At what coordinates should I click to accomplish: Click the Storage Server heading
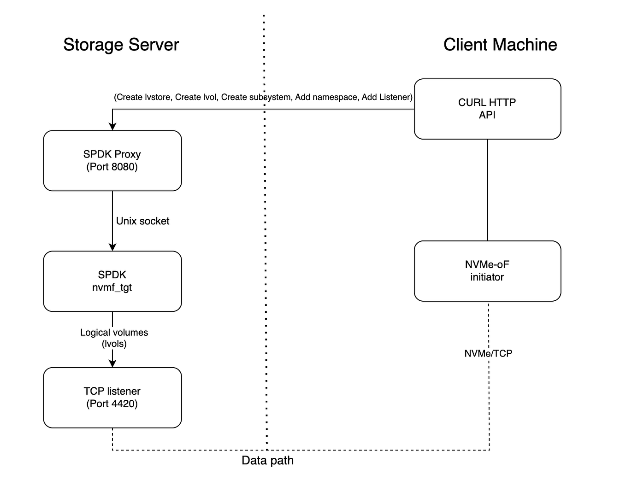[x=121, y=45]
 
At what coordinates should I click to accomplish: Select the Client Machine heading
[x=500, y=45]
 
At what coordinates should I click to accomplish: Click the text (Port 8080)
[x=112, y=167]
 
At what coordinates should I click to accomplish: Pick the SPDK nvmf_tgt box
[x=112, y=281]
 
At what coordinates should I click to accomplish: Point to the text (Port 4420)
[x=112, y=404]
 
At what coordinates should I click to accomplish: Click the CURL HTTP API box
[x=487, y=109]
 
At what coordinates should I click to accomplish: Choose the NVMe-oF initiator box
[x=487, y=271]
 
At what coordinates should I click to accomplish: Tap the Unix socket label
[x=142, y=221]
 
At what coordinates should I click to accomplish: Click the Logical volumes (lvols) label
[x=114, y=338]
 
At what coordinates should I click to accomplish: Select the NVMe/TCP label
[x=488, y=353]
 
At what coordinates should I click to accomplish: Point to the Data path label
[x=267, y=461]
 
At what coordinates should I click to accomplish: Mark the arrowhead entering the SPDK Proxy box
[x=112, y=127]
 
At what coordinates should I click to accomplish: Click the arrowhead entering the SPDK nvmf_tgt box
[x=112, y=247]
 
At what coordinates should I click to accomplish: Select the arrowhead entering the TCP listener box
[x=112, y=363]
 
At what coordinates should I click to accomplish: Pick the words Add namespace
[x=326, y=97]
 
